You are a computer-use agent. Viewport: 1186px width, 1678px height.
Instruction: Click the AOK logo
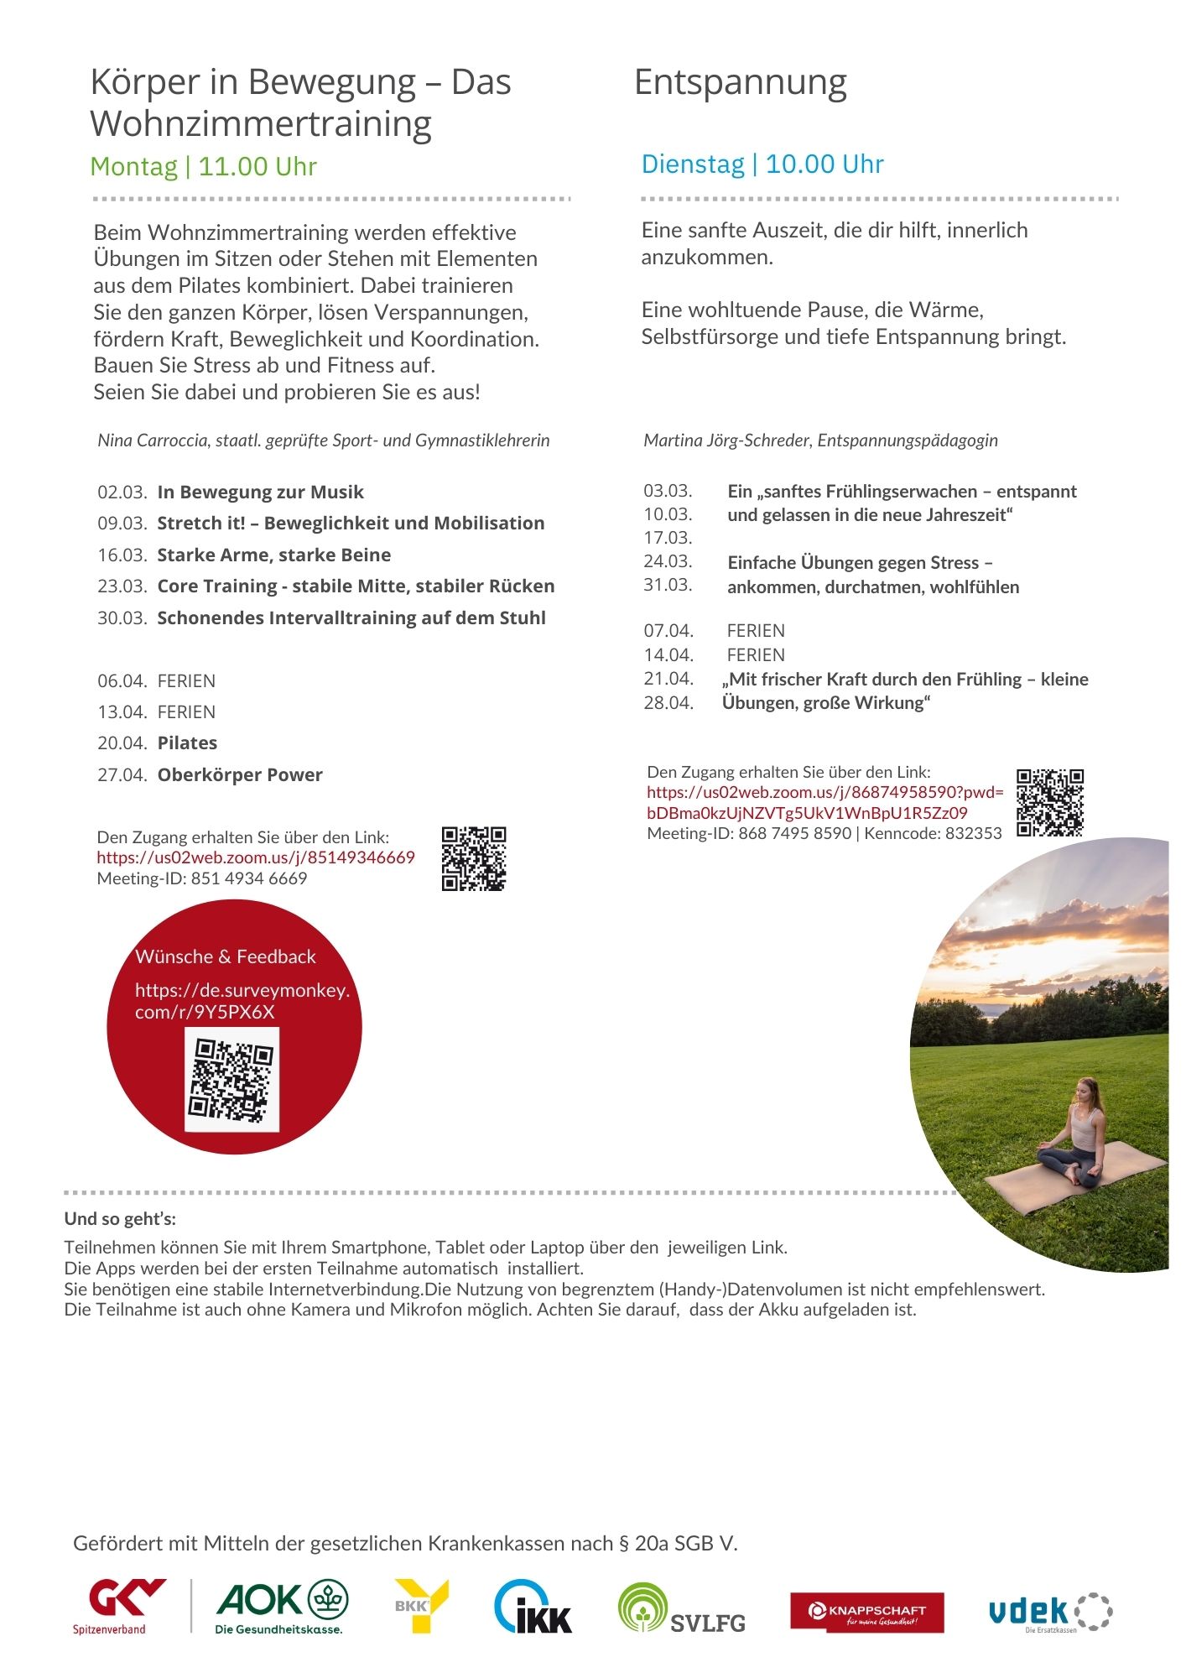click(282, 1606)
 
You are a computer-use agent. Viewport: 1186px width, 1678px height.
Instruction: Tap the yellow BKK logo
click(422, 1606)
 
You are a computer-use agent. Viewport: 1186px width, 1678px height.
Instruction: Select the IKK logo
click(533, 1608)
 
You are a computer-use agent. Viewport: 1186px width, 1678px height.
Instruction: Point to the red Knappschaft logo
click(866, 1613)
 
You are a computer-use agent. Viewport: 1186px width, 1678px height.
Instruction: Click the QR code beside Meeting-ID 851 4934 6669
click(474, 858)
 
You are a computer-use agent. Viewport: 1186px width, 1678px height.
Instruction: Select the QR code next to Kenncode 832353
click(1050, 803)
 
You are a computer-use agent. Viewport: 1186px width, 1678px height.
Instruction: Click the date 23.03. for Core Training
click(122, 586)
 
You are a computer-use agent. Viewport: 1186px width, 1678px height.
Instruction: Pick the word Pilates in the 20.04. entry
click(187, 743)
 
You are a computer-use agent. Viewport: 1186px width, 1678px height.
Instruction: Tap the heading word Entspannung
click(740, 83)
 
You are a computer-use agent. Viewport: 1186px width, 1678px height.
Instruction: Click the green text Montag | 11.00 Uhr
click(203, 167)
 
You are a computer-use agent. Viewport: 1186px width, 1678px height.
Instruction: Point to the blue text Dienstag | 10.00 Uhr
click(762, 164)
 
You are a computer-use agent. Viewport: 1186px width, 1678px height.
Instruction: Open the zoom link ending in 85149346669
click(256, 857)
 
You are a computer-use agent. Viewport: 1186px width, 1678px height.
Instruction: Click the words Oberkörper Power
click(240, 775)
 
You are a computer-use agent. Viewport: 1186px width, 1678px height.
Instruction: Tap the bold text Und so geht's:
click(120, 1219)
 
